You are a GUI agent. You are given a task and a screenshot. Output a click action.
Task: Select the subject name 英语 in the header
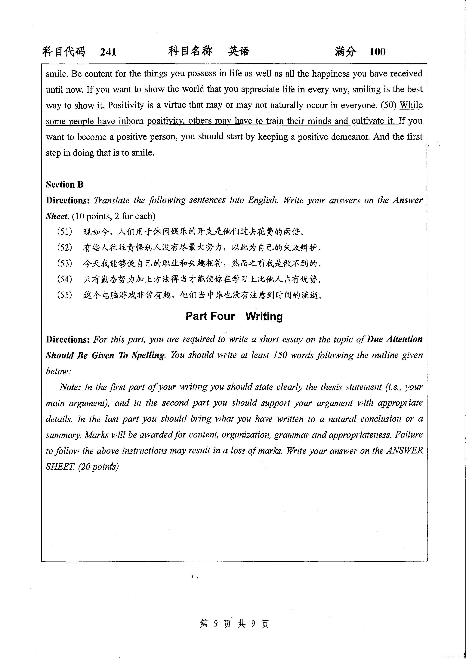[x=239, y=51]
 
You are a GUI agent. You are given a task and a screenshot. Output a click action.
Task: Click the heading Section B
[x=65, y=184]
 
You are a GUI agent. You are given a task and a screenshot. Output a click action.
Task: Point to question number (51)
[x=65, y=231]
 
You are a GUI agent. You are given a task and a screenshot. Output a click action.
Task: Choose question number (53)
[x=65, y=263]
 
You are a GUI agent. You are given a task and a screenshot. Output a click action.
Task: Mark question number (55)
[x=65, y=295]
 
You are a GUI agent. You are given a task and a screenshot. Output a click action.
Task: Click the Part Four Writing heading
[x=234, y=316]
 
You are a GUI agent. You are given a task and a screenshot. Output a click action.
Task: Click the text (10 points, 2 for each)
[x=114, y=216]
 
